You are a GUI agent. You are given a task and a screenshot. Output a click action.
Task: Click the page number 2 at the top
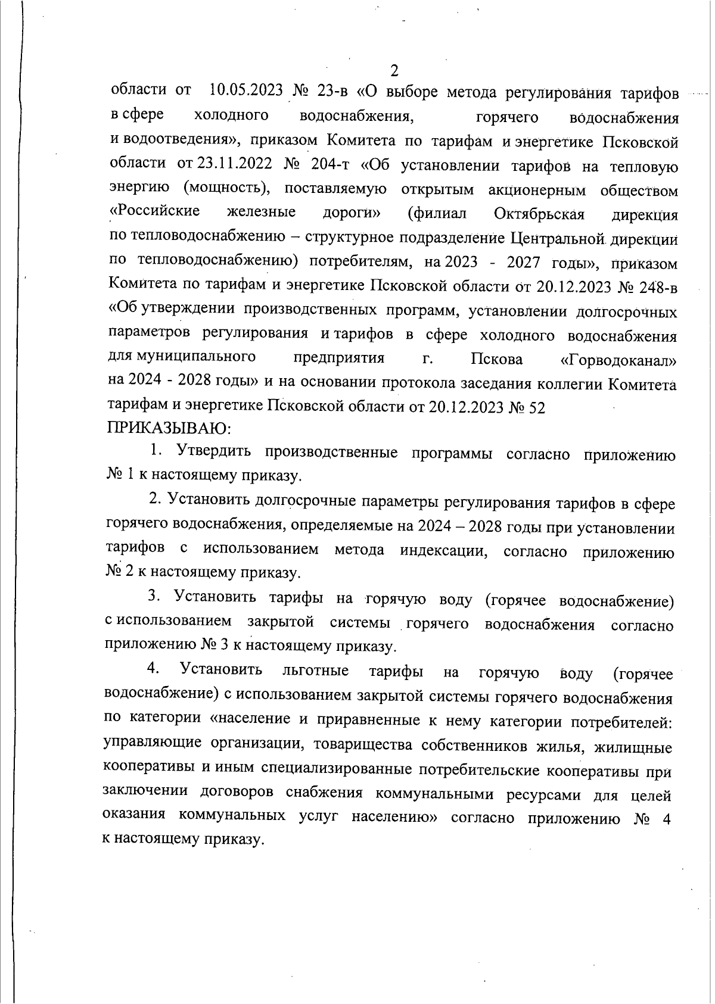tap(394, 71)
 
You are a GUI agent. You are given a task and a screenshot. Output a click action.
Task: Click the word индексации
tap(444, 550)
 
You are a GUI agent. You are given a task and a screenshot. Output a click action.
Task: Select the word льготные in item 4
tap(315, 671)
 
